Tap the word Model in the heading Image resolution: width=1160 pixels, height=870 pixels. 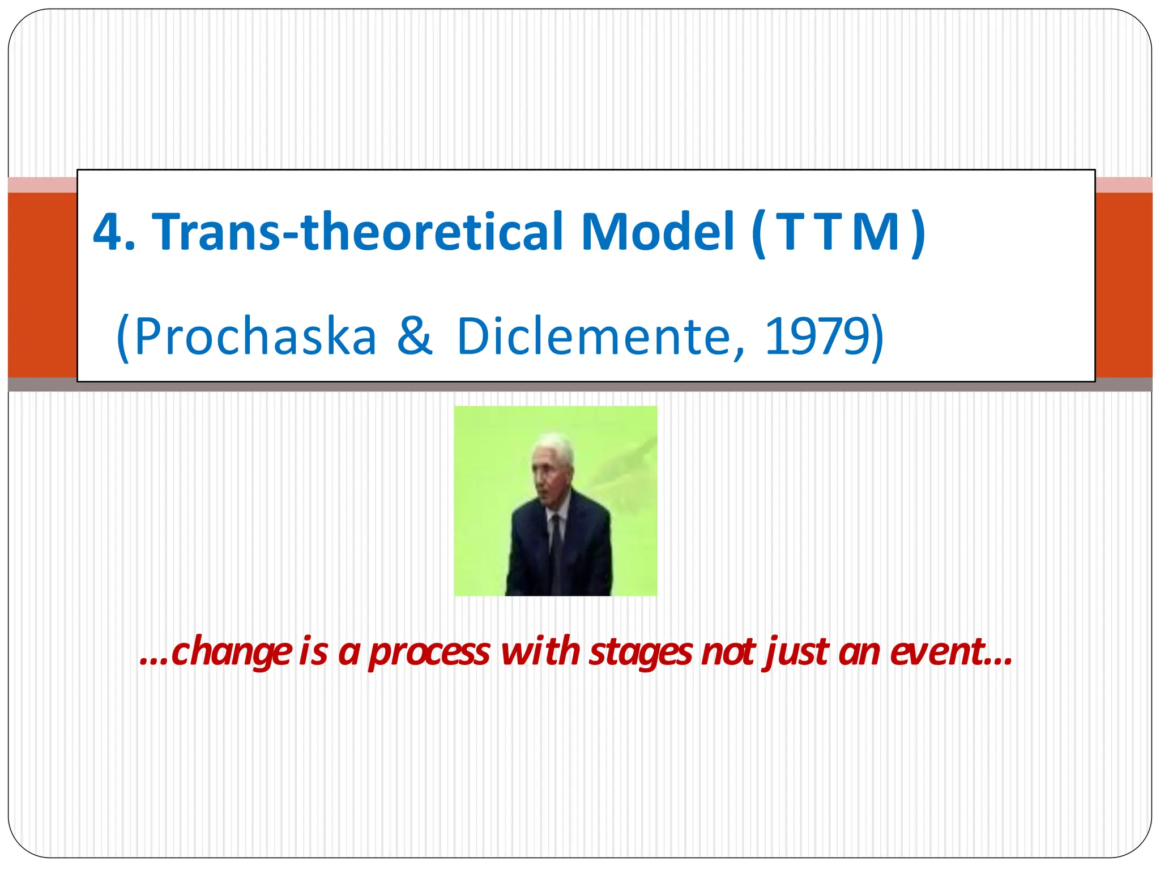pos(657,231)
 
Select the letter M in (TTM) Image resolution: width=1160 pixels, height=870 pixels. pos(876,232)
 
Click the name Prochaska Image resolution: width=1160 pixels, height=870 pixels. pos(255,336)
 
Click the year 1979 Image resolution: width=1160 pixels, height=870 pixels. pos(816,336)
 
